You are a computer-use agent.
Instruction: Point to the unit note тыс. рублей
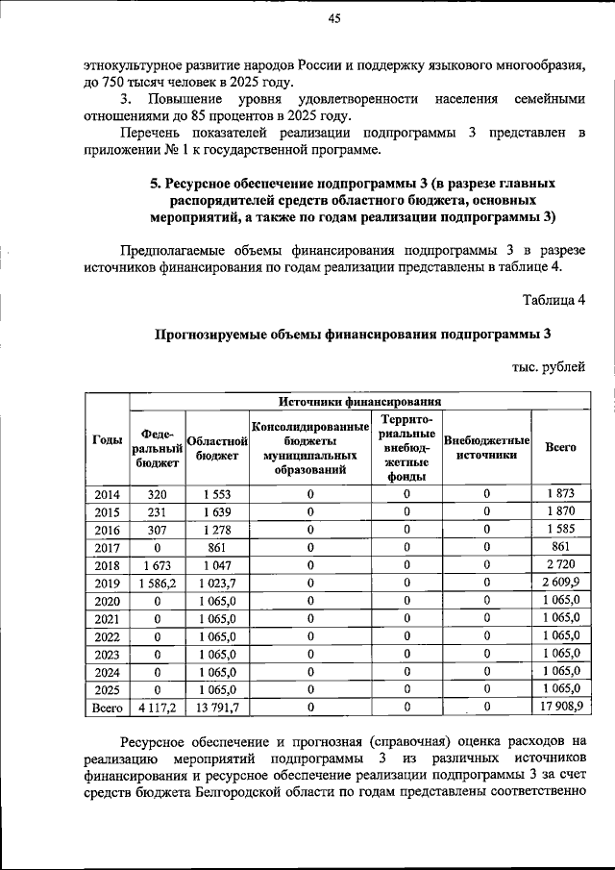[549, 367]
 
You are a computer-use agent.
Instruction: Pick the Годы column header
[107, 439]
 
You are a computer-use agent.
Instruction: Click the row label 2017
[107, 547]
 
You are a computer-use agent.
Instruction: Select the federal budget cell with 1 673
[157, 565]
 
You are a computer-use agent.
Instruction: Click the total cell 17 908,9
[561, 707]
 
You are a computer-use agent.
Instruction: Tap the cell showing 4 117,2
[157, 707]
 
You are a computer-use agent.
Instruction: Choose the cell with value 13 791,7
[218, 707]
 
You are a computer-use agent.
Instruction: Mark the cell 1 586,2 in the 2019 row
[157, 583]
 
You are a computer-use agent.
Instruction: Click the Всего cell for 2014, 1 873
[561, 494]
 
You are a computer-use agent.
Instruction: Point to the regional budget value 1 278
[218, 530]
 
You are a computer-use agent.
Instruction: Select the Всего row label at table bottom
[107, 707]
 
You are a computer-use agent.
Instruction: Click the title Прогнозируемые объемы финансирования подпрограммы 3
[353, 335]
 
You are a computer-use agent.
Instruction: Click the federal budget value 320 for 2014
[157, 494]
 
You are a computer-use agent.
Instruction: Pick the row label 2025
[107, 688]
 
